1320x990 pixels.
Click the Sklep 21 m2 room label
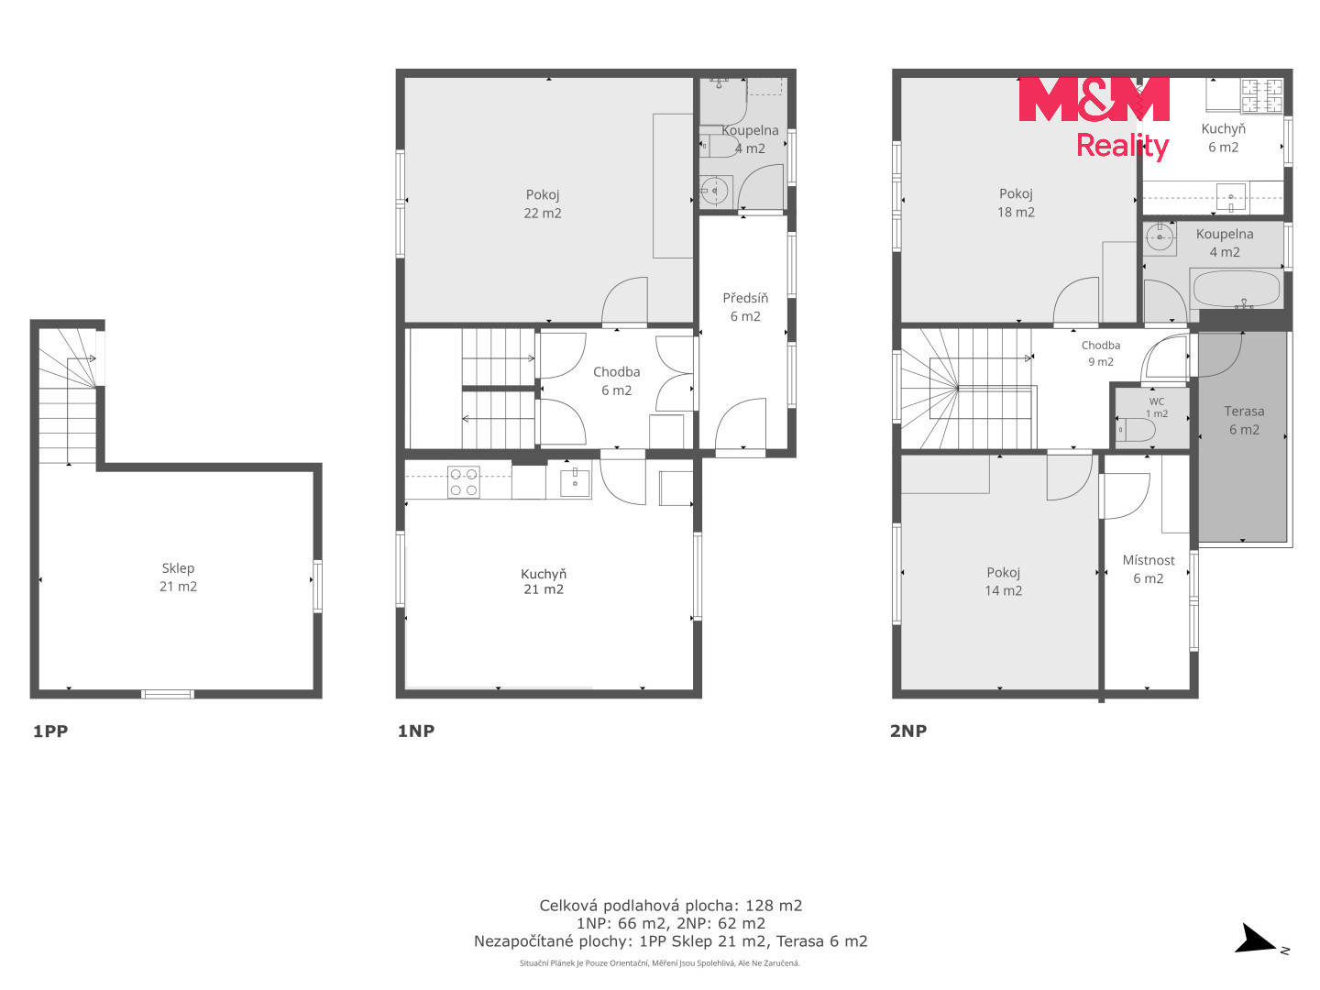[178, 577]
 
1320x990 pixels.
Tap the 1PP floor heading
[50, 731]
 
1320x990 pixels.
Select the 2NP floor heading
[908, 731]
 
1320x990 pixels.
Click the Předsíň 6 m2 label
[745, 306]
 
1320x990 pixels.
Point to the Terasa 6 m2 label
[1244, 420]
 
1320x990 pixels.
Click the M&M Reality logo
[1094, 118]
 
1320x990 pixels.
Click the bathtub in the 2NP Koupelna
[1237, 290]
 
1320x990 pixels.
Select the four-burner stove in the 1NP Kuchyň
[463, 481]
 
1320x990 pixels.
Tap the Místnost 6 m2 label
[1148, 568]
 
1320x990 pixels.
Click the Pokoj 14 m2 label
[1003, 580]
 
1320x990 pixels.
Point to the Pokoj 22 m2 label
[543, 203]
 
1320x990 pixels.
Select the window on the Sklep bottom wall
[167, 694]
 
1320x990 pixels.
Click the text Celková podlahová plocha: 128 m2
[670, 906]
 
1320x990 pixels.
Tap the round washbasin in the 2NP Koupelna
[1160, 236]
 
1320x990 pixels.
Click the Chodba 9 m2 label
[1101, 353]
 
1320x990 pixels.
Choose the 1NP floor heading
[415, 731]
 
